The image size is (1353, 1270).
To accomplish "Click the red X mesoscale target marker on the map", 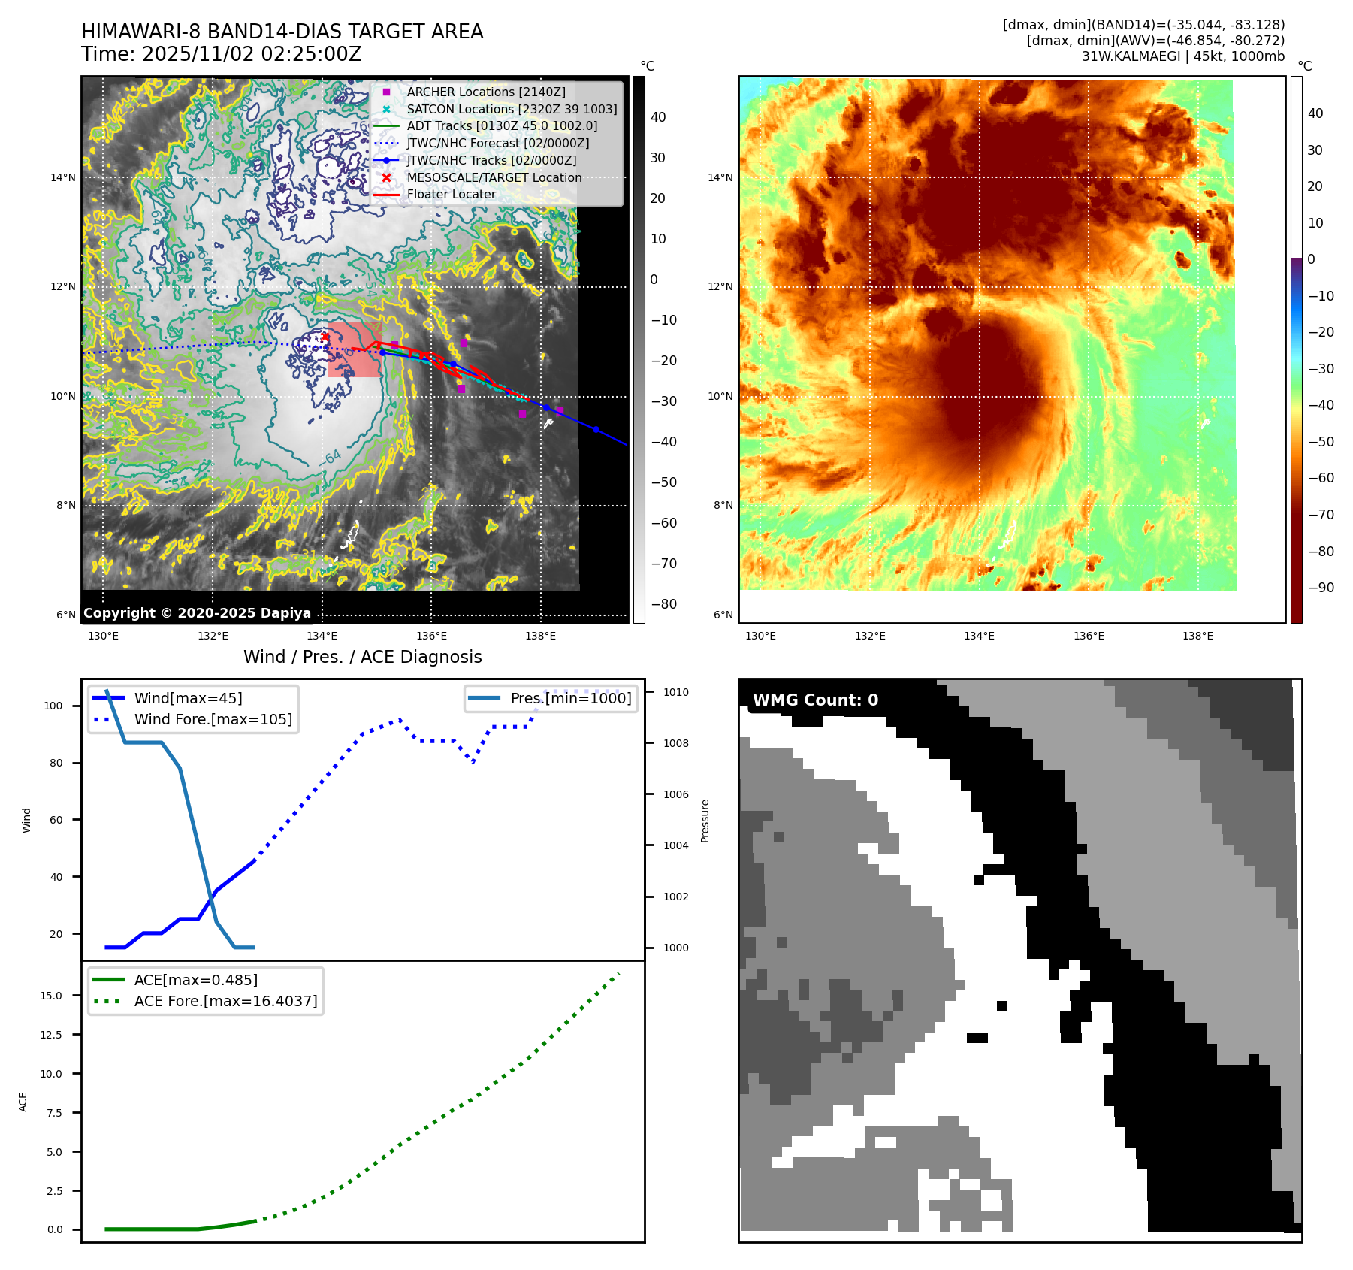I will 325,337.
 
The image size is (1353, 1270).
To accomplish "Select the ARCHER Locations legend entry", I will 485,92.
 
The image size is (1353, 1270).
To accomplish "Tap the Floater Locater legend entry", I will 451,194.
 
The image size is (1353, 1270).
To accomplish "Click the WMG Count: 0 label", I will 815,700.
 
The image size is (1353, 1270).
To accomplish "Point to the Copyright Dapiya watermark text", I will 197,613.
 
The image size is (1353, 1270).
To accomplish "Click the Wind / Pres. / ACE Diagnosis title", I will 362,657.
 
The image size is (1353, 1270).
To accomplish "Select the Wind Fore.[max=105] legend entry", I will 213,719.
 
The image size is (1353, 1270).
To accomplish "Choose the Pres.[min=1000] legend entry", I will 570,698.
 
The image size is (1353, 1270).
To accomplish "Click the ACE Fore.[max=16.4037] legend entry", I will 225,1001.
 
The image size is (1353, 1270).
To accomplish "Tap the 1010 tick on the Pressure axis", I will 675,692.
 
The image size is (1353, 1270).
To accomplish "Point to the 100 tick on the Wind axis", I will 53,706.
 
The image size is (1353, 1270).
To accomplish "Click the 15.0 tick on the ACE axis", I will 51,996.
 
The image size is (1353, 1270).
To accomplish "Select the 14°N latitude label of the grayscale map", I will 63,178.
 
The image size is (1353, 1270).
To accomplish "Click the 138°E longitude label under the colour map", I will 1197,637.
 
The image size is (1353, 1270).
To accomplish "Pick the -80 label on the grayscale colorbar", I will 663,604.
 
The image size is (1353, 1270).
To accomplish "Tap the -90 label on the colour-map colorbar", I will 1321,588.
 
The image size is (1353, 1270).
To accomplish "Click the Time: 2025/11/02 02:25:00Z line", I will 222,54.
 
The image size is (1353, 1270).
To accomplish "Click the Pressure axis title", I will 705,821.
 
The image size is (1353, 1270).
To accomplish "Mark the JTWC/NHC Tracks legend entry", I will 491,160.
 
